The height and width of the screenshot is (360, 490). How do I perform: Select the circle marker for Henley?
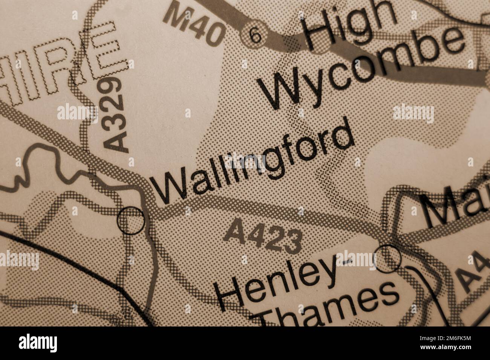(x=389, y=258)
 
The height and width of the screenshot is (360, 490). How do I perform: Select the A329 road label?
(x=114, y=114)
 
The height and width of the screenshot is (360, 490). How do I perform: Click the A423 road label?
(x=263, y=236)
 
